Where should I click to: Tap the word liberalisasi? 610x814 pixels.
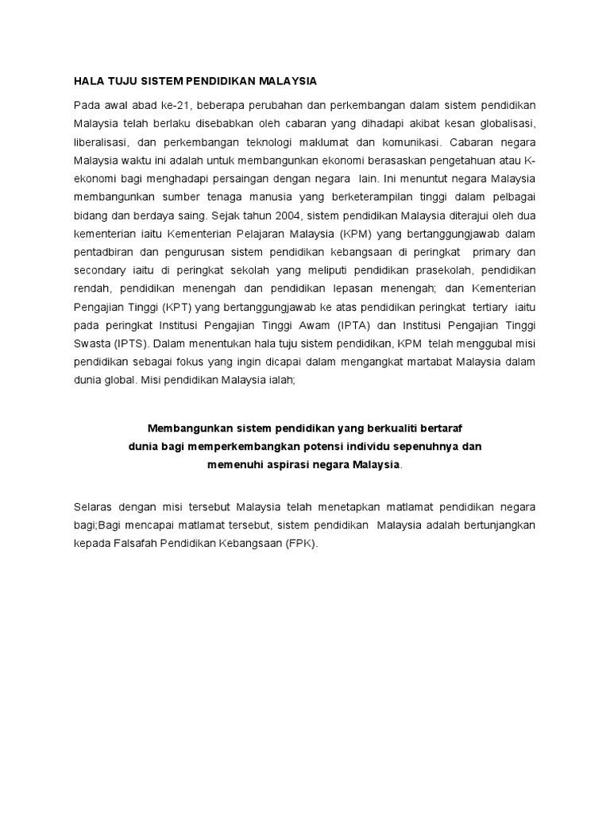(100, 142)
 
